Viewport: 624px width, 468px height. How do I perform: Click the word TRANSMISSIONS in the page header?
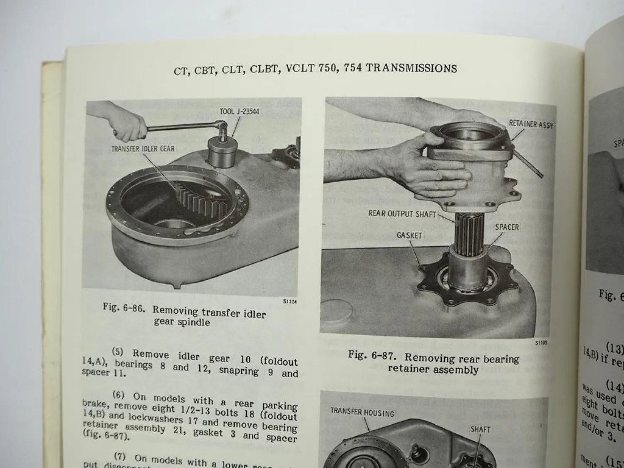pos(411,68)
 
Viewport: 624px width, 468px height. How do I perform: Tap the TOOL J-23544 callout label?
pos(240,111)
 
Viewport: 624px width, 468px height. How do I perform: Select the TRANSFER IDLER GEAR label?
pos(143,149)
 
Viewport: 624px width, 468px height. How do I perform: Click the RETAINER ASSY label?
pos(531,124)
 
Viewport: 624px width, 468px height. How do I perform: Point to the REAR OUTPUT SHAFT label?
pos(402,214)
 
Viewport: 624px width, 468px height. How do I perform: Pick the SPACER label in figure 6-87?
pos(507,227)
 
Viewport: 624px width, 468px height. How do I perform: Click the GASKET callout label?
pos(409,235)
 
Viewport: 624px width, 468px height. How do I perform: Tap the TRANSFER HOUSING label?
pos(362,413)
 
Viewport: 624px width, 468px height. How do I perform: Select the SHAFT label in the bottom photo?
pos(480,429)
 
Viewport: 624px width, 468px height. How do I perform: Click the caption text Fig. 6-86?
pos(124,308)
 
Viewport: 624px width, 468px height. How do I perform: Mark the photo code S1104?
pos(290,302)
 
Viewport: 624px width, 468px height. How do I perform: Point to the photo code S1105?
pos(542,343)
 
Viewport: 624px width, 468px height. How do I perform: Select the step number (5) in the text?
pos(118,352)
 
